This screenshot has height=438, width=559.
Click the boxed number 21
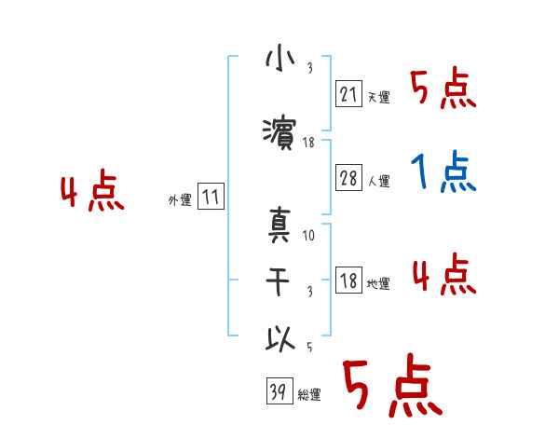348,93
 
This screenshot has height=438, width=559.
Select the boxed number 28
348,179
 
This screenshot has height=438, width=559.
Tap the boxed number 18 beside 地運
348,281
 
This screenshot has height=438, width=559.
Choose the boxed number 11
211,198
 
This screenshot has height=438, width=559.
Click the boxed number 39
278,392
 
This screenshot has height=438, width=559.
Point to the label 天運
379,97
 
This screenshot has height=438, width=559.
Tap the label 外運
180,200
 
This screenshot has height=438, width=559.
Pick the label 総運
309,395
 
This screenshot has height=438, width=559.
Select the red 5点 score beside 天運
443,89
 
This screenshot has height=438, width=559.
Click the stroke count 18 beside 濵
308,143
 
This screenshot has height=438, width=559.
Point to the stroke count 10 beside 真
308,236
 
